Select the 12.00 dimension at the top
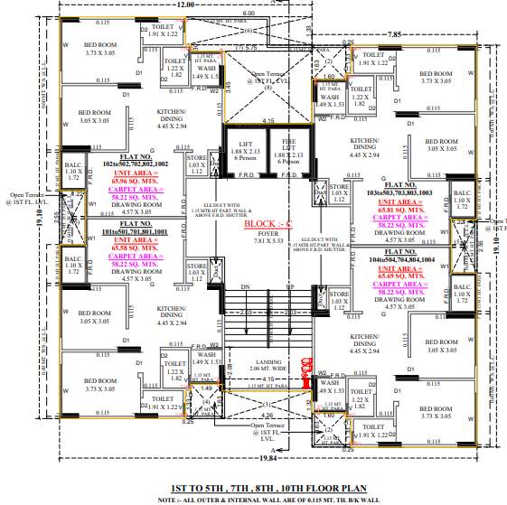pos(185,5)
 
